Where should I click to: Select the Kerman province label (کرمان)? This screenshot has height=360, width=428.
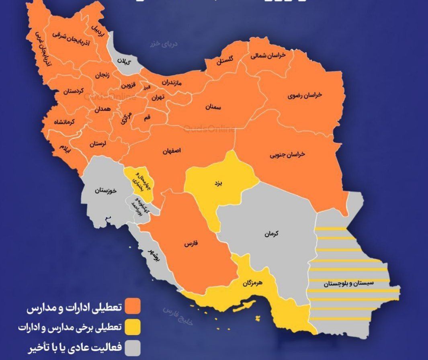click(272, 233)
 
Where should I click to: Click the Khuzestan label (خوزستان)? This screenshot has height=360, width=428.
click(106, 191)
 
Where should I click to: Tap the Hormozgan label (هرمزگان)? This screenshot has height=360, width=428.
click(252, 283)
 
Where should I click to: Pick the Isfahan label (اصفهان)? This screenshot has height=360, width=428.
click(172, 151)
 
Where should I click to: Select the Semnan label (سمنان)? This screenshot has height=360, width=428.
click(213, 107)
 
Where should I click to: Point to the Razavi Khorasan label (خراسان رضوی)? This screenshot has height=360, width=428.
click(305, 95)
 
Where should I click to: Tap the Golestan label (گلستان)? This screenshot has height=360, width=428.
click(225, 60)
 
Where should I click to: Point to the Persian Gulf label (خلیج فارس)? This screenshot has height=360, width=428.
click(178, 316)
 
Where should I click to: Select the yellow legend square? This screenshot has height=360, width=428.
click(132, 327)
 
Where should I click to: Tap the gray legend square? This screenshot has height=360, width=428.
click(132, 347)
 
